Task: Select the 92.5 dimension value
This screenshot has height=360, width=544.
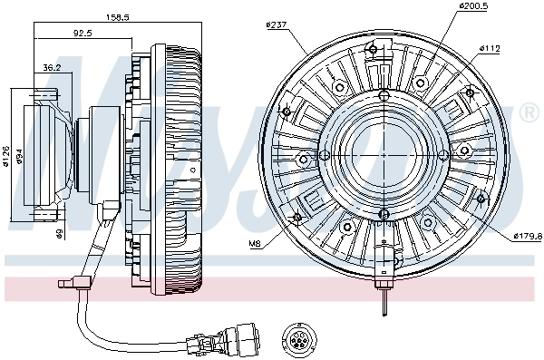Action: pos(83,35)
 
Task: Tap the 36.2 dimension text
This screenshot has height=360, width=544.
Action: pos(52,66)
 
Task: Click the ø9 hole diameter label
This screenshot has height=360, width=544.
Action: pos(57,235)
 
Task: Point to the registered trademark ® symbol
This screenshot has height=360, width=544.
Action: pos(529,112)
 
